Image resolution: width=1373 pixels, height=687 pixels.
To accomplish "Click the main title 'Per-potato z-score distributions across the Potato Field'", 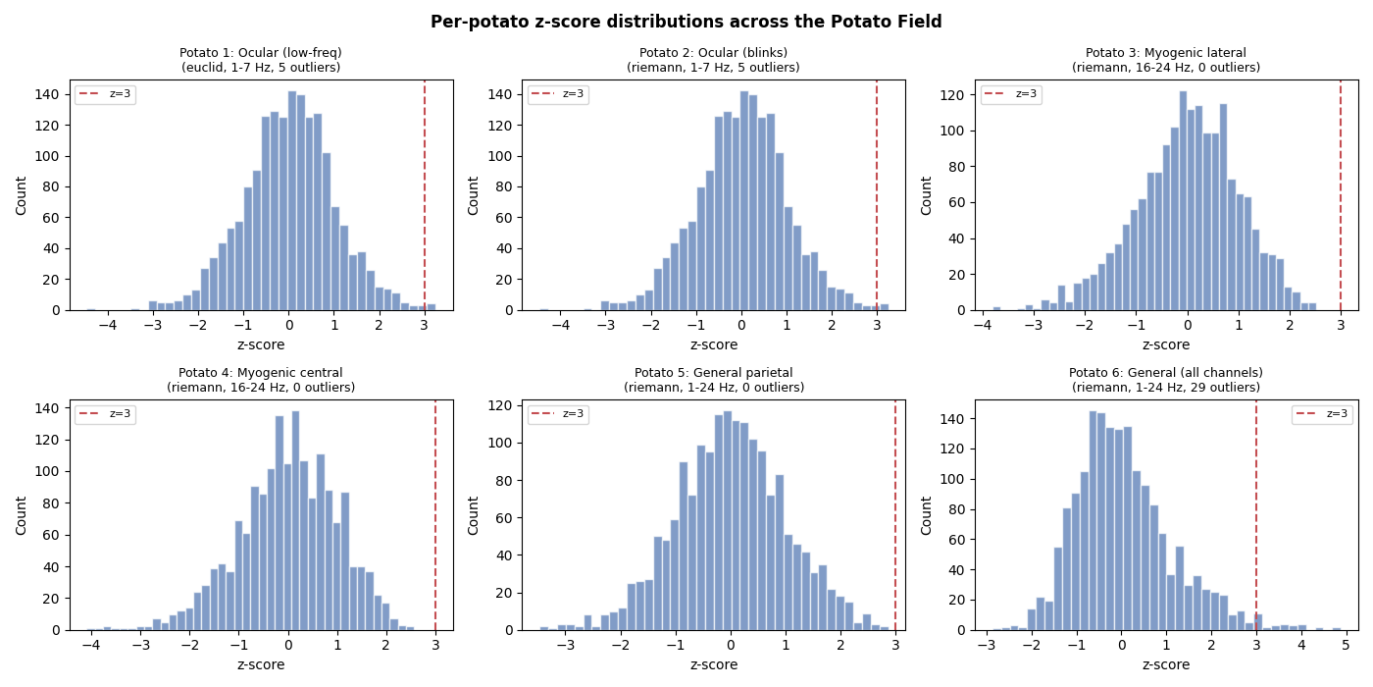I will [x=686, y=22].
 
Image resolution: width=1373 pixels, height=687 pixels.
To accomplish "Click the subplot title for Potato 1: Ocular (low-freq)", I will [x=261, y=60].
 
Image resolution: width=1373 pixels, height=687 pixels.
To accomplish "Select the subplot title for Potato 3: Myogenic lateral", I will [x=1165, y=60].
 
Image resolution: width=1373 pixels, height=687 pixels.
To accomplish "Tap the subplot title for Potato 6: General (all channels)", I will [x=1165, y=380].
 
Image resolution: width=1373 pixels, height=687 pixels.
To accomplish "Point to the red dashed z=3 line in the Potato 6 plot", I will [x=1256, y=510].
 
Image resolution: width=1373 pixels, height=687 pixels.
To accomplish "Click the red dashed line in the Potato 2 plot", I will [x=877, y=196].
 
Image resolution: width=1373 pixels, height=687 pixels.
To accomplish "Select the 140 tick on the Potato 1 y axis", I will [x=49, y=94].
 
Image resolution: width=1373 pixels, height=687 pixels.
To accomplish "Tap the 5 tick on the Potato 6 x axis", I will [x=1346, y=646].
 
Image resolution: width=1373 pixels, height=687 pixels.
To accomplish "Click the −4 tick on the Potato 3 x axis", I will [x=983, y=326].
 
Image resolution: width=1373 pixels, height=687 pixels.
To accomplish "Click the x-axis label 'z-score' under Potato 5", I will [x=713, y=664].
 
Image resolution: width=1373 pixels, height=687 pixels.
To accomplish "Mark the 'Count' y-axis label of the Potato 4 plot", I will [x=22, y=515].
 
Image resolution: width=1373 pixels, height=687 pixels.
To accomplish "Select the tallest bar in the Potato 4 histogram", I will [x=295, y=521].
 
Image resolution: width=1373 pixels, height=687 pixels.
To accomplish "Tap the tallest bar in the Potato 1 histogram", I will [x=292, y=201].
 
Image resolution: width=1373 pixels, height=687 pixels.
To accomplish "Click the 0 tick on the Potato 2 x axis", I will [x=740, y=326].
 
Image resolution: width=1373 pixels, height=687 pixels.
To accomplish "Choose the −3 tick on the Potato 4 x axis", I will [x=140, y=646].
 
